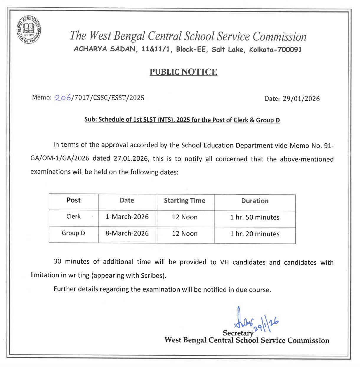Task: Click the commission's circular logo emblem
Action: click(x=29, y=30)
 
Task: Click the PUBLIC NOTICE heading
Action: click(x=183, y=72)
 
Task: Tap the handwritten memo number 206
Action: click(x=63, y=98)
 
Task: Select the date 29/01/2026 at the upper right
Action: click(x=301, y=99)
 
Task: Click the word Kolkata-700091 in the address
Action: click(x=275, y=49)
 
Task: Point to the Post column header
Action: click(x=73, y=200)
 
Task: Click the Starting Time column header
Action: click(x=185, y=201)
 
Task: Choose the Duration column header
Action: click(x=255, y=201)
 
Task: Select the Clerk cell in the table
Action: click(x=73, y=217)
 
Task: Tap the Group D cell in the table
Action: click(x=73, y=233)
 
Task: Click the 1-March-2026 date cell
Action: click(x=127, y=217)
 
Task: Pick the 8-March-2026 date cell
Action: click(x=127, y=233)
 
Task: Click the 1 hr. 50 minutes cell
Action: click(x=255, y=217)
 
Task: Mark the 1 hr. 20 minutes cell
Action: click(x=255, y=234)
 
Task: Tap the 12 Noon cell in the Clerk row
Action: click(x=185, y=217)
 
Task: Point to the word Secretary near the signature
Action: click(x=238, y=333)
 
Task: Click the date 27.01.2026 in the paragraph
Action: click(x=130, y=158)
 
